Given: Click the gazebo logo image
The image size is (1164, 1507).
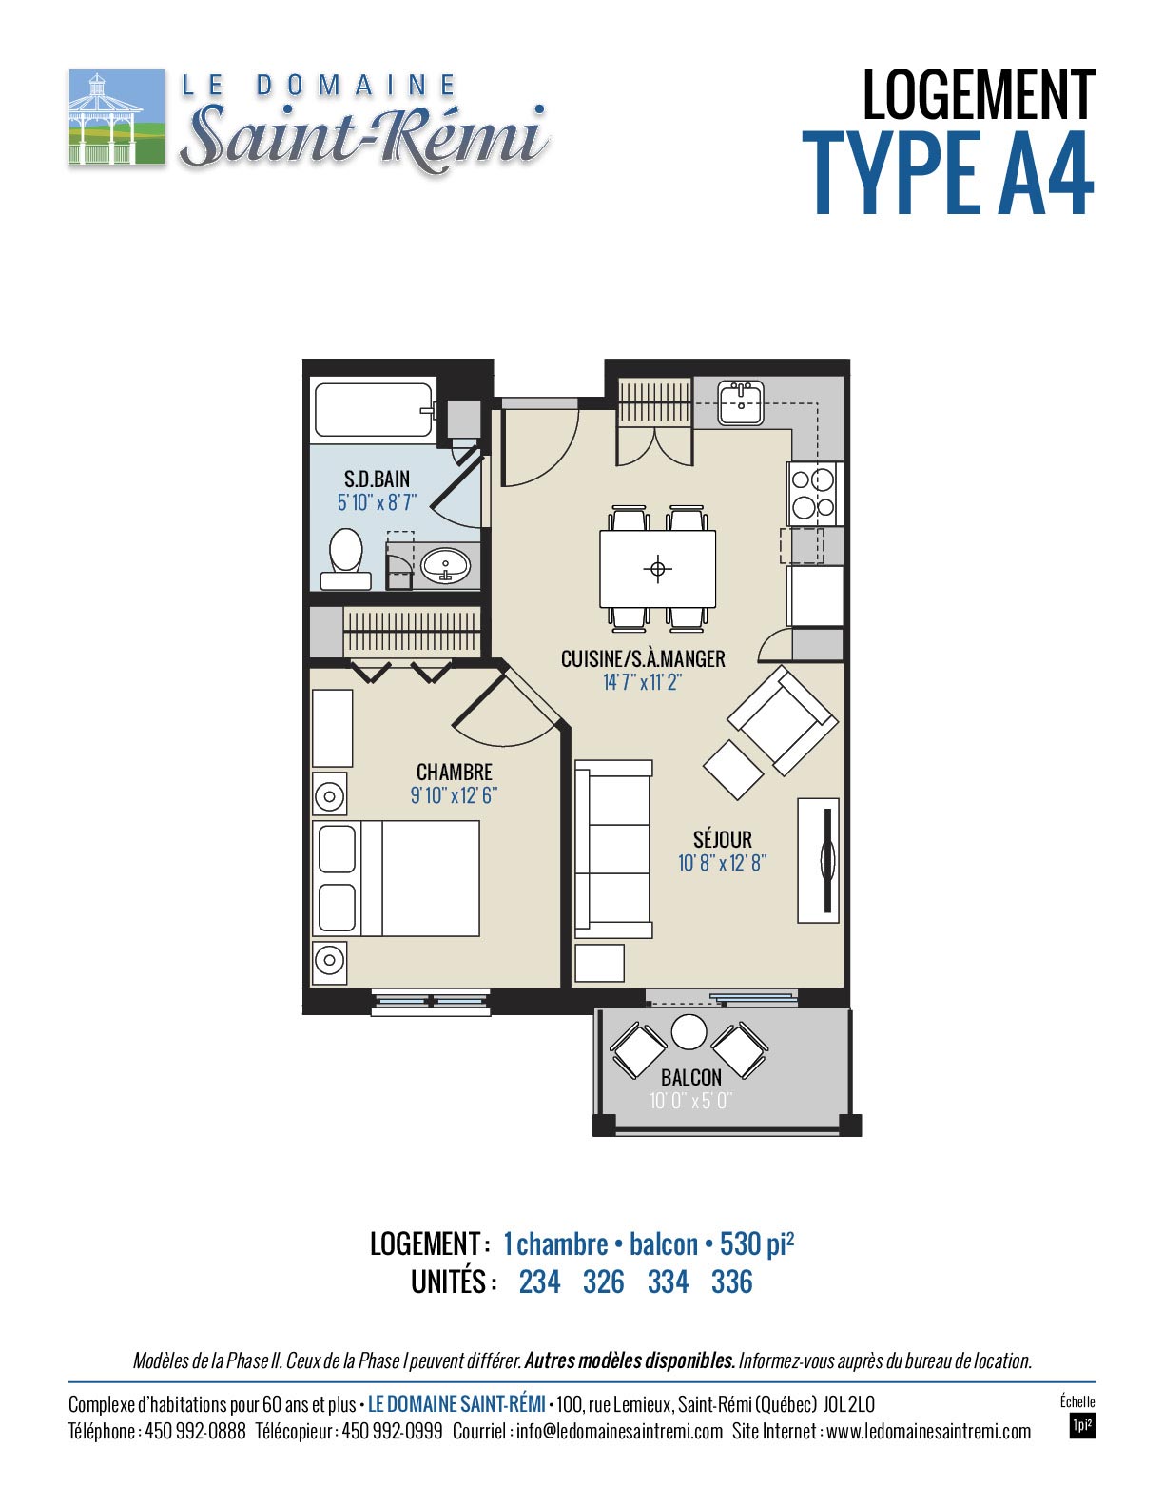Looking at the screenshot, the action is [116, 116].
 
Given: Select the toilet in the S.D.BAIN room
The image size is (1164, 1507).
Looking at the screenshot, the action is [345, 559].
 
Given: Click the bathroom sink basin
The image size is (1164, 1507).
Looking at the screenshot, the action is [446, 566].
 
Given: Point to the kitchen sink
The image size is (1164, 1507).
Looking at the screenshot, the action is [741, 402].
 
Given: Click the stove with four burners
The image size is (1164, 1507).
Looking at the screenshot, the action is [815, 493].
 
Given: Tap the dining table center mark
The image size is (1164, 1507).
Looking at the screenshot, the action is [657, 569].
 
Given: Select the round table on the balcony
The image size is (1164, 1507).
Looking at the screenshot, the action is [689, 1032].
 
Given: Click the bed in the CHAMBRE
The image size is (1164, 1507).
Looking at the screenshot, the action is [396, 878].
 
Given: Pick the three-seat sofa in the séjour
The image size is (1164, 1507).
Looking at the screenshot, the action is [613, 850].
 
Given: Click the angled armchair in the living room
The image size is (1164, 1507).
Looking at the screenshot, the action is [782, 720].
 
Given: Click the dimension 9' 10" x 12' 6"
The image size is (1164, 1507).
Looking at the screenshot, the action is [454, 794].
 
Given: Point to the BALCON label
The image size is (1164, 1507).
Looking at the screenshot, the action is [691, 1077].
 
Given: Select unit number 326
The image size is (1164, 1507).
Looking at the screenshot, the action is [603, 1282].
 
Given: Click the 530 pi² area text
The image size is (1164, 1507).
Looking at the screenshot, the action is [756, 1243].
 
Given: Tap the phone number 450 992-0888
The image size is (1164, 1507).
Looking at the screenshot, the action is [196, 1432].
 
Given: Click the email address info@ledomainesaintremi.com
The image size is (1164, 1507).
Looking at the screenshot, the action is [619, 1432].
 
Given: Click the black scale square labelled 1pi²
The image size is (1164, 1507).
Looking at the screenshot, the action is [1081, 1426].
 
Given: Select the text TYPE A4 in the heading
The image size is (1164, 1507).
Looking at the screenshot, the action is [948, 173].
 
